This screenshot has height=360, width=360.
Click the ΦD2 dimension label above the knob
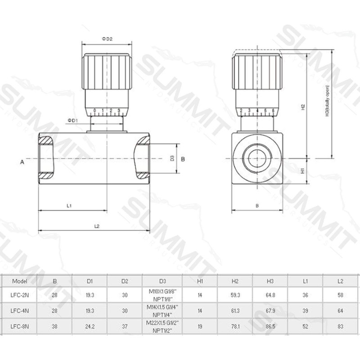[107, 39]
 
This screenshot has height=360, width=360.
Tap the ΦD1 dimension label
[73, 121]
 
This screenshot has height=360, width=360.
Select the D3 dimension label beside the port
[172, 158]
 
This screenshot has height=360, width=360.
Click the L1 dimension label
[69, 206]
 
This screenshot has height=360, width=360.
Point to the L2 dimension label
[96, 226]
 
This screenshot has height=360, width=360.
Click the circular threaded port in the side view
[257, 158]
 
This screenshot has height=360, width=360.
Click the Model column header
[20, 281]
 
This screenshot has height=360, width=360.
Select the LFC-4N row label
[20, 311]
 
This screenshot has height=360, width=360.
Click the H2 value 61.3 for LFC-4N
[235, 311]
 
